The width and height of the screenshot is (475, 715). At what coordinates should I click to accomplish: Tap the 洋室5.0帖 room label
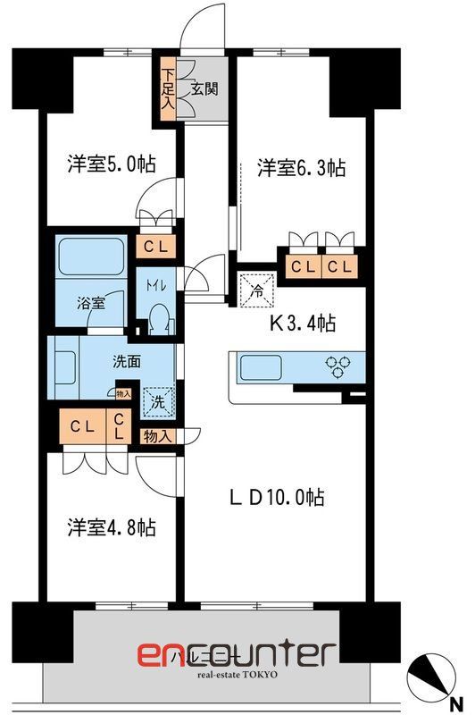point(111,164)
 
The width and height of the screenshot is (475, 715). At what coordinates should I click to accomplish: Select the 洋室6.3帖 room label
point(302,167)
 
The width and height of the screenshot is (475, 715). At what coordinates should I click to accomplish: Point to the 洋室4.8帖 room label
point(111,526)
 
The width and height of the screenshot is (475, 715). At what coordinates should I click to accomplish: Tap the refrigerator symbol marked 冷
point(257,289)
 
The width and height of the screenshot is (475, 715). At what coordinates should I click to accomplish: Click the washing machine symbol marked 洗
point(157,401)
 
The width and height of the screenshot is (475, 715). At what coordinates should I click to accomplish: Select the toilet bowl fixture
point(158,317)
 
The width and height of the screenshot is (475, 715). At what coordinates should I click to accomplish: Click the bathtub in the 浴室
point(87,259)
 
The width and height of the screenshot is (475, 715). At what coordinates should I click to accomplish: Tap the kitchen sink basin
point(261,366)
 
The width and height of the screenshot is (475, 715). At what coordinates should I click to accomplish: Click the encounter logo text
point(236,653)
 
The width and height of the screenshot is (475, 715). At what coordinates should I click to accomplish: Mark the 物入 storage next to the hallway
point(157,435)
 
